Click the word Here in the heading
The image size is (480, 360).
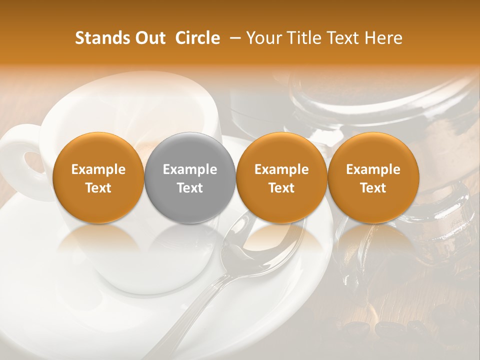[x=384, y=38]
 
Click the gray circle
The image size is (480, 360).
[x=190, y=177]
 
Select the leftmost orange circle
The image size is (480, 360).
[x=98, y=177]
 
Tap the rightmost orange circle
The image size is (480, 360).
[x=373, y=177]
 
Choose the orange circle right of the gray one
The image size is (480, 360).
[x=281, y=177]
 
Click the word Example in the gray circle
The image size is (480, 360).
[x=190, y=169]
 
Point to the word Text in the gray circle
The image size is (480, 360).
[x=190, y=188]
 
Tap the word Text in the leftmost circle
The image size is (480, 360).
[x=98, y=188]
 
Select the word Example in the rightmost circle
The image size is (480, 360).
[x=373, y=169]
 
